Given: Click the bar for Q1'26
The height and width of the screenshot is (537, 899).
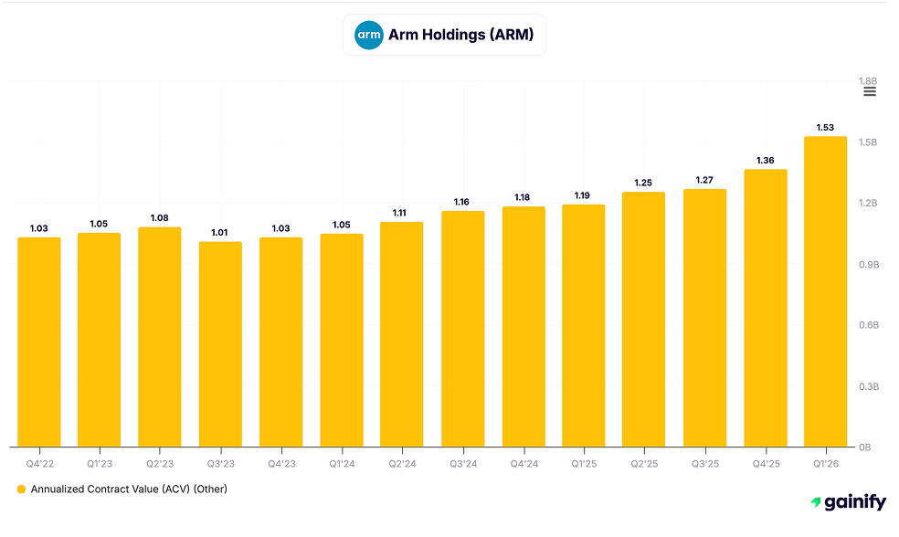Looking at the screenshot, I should click(x=825, y=292).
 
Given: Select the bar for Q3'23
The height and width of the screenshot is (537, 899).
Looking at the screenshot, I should click(x=220, y=344).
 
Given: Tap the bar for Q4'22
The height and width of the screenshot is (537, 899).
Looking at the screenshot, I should click(x=39, y=342).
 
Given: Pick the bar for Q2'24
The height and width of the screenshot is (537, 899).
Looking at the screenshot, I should click(x=402, y=334).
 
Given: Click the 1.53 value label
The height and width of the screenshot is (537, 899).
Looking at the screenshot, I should click(x=825, y=127).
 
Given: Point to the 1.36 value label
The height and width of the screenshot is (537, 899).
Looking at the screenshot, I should click(x=765, y=160).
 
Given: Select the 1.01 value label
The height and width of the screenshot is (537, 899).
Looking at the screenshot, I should click(x=220, y=232).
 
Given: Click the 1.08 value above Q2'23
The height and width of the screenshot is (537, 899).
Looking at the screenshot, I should click(x=160, y=218).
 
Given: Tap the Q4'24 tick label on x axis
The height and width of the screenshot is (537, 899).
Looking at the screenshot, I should click(x=523, y=464).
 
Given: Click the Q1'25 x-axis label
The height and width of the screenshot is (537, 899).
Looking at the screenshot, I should click(x=583, y=464).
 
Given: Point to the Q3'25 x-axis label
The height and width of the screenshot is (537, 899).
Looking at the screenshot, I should click(x=704, y=464).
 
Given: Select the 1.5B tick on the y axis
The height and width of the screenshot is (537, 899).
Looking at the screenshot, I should click(x=867, y=142).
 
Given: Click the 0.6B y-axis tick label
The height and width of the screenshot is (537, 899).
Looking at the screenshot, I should click(x=867, y=325).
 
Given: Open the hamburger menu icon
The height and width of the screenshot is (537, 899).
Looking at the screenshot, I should click(x=870, y=92).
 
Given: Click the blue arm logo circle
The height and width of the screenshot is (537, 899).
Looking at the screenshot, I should click(x=369, y=36).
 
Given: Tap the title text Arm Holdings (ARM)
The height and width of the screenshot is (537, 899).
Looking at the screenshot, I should click(x=460, y=36).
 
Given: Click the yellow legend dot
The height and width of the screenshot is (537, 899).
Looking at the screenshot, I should click(x=21, y=490).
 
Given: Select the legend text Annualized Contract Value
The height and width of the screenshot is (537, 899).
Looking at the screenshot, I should click(x=129, y=490).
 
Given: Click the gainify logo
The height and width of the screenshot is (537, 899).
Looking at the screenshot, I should click(x=848, y=502).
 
